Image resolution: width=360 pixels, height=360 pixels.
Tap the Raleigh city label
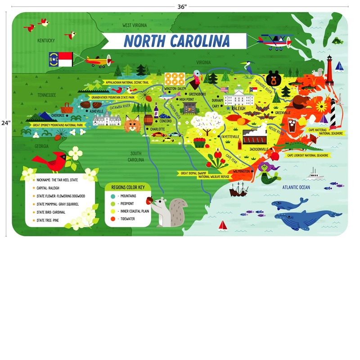pos(238,108)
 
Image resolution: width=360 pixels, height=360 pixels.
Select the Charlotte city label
pos(157,129)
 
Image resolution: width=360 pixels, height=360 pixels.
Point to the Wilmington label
pos(242,171)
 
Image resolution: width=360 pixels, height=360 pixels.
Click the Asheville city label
pos(97,111)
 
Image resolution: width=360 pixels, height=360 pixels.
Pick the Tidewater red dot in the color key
pos(113,219)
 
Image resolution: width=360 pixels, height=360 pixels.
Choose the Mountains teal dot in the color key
pos(113,196)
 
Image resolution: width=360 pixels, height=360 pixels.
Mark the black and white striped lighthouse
pos(333,113)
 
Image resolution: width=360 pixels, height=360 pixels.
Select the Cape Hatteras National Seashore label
pos(325,131)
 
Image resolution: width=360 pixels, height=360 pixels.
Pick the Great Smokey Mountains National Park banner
pos(58,125)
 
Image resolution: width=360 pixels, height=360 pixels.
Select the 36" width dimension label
pos(182,7)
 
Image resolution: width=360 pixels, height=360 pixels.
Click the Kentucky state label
pos(46,40)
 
